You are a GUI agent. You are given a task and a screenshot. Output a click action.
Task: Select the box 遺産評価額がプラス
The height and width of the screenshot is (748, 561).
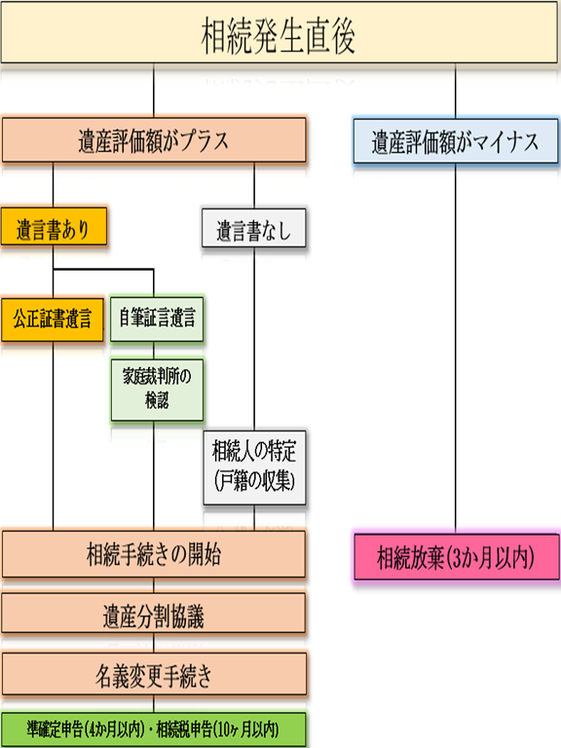[x=154, y=140]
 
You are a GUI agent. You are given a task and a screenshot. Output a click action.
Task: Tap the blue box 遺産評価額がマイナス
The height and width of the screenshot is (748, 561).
[x=456, y=141]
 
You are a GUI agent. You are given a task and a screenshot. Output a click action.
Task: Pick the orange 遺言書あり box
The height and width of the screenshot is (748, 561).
[x=54, y=226]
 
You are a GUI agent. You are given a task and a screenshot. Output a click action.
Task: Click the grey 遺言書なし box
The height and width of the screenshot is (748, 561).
[x=254, y=228]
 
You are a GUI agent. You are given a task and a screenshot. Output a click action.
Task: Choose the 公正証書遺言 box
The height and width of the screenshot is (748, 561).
[x=53, y=319]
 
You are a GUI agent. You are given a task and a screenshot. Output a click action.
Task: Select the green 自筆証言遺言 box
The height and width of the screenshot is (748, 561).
[x=157, y=318]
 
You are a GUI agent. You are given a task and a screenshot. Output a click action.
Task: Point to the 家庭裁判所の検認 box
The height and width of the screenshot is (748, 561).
[x=157, y=390]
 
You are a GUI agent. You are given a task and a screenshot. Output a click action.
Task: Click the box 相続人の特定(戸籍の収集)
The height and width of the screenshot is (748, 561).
[x=254, y=467]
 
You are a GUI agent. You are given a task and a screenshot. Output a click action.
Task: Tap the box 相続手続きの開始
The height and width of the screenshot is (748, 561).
[x=154, y=554]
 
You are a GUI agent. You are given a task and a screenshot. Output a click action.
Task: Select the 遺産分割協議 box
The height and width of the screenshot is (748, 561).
[x=154, y=614]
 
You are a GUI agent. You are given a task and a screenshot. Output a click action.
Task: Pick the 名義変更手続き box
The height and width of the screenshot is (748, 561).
[x=154, y=674]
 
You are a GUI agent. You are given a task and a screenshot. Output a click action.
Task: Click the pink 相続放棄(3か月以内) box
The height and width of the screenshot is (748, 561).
[x=457, y=557]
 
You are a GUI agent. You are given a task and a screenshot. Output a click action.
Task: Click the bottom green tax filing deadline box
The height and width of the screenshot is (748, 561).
[x=154, y=729]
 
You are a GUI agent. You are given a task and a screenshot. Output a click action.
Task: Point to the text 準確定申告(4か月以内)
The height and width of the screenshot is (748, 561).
[x=86, y=729]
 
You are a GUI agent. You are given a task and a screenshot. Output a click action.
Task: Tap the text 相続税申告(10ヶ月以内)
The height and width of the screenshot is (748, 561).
[x=217, y=729]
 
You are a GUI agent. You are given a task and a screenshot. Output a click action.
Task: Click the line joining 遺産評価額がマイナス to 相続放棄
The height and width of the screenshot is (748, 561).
[x=456, y=349]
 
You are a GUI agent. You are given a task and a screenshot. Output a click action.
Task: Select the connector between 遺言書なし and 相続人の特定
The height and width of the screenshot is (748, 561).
[x=254, y=339]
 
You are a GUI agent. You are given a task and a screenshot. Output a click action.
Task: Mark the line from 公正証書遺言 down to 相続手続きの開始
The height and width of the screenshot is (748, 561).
[x=53, y=436]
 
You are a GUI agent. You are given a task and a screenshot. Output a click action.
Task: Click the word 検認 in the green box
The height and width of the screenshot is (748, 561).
[x=157, y=400]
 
